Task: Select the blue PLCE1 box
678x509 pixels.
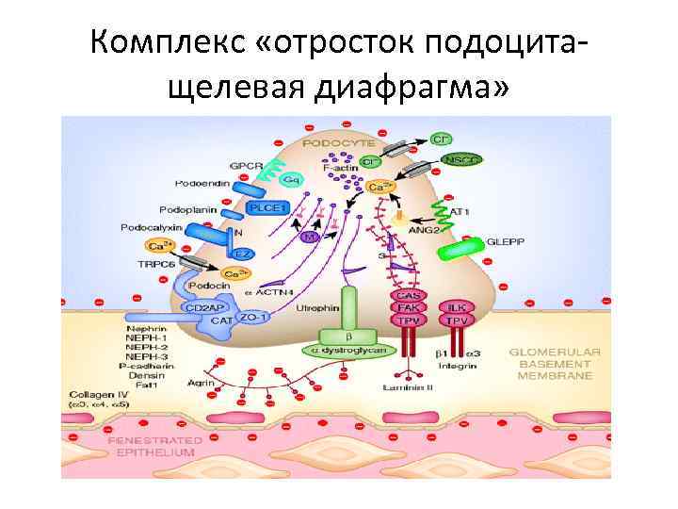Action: click(266, 208)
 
